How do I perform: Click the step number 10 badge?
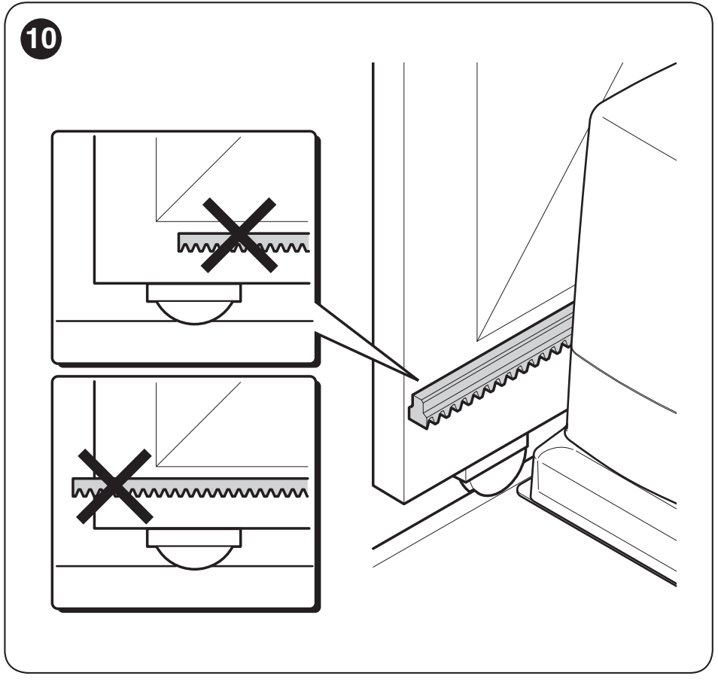pyautogui.click(x=41, y=39)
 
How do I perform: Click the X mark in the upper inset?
pyautogui.click(x=239, y=236)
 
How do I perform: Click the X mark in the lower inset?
pyautogui.click(x=114, y=486)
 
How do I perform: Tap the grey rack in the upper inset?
pyautogui.click(x=244, y=242)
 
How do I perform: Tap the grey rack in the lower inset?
pyautogui.click(x=190, y=487)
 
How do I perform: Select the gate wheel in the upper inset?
pyautogui.click(x=195, y=313)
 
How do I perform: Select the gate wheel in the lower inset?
pyautogui.click(x=195, y=559)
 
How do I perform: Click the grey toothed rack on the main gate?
pyautogui.click(x=491, y=367)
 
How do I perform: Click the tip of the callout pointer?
pyautogui.click(x=418, y=380)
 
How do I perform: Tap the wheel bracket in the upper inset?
pyautogui.click(x=193, y=293)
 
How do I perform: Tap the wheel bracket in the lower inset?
pyautogui.click(x=193, y=537)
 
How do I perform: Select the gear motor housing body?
pyautogui.click(x=628, y=284)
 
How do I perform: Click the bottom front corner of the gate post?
pyautogui.click(x=404, y=504)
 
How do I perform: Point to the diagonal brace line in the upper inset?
pyautogui.click(x=198, y=179)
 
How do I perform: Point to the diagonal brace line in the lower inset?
pyautogui.click(x=198, y=424)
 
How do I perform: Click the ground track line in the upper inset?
pyautogui.click(x=184, y=321)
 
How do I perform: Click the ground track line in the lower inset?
pyautogui.click(x=184, y=566)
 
